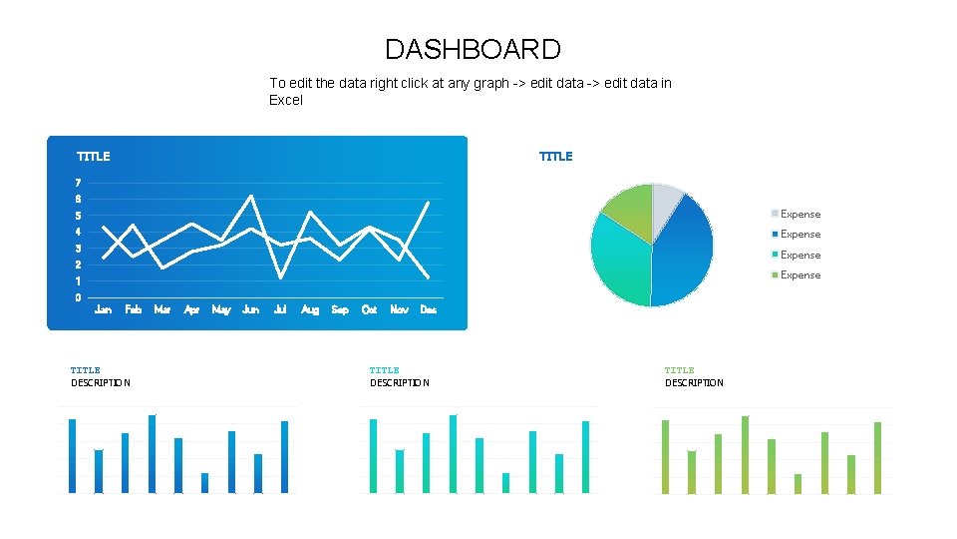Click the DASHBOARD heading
point(473,49)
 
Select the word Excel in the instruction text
point(286,100)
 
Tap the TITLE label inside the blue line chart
point(94,157)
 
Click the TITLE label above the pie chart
point(555,157)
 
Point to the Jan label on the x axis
point(103,310)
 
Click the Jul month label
point(280,310)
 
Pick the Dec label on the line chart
point(428,310)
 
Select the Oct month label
point(369,310)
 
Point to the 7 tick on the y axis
point(78,183)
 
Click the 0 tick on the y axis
point(78,297)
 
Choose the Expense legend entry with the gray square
point(799,214)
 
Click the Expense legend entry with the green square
point(799,275)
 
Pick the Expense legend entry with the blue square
point(799,235)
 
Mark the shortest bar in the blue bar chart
point(204,483)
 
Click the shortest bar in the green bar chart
point(797,484)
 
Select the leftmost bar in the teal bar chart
point(374,456)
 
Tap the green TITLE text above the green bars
point(679,370)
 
